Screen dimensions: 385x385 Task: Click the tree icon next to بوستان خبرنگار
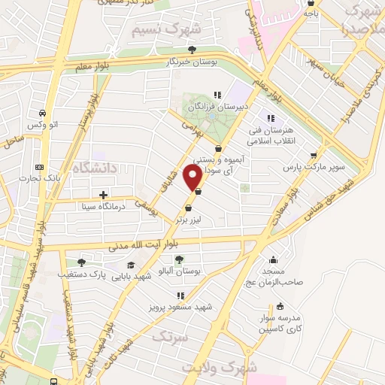click(x=192, y=50)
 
